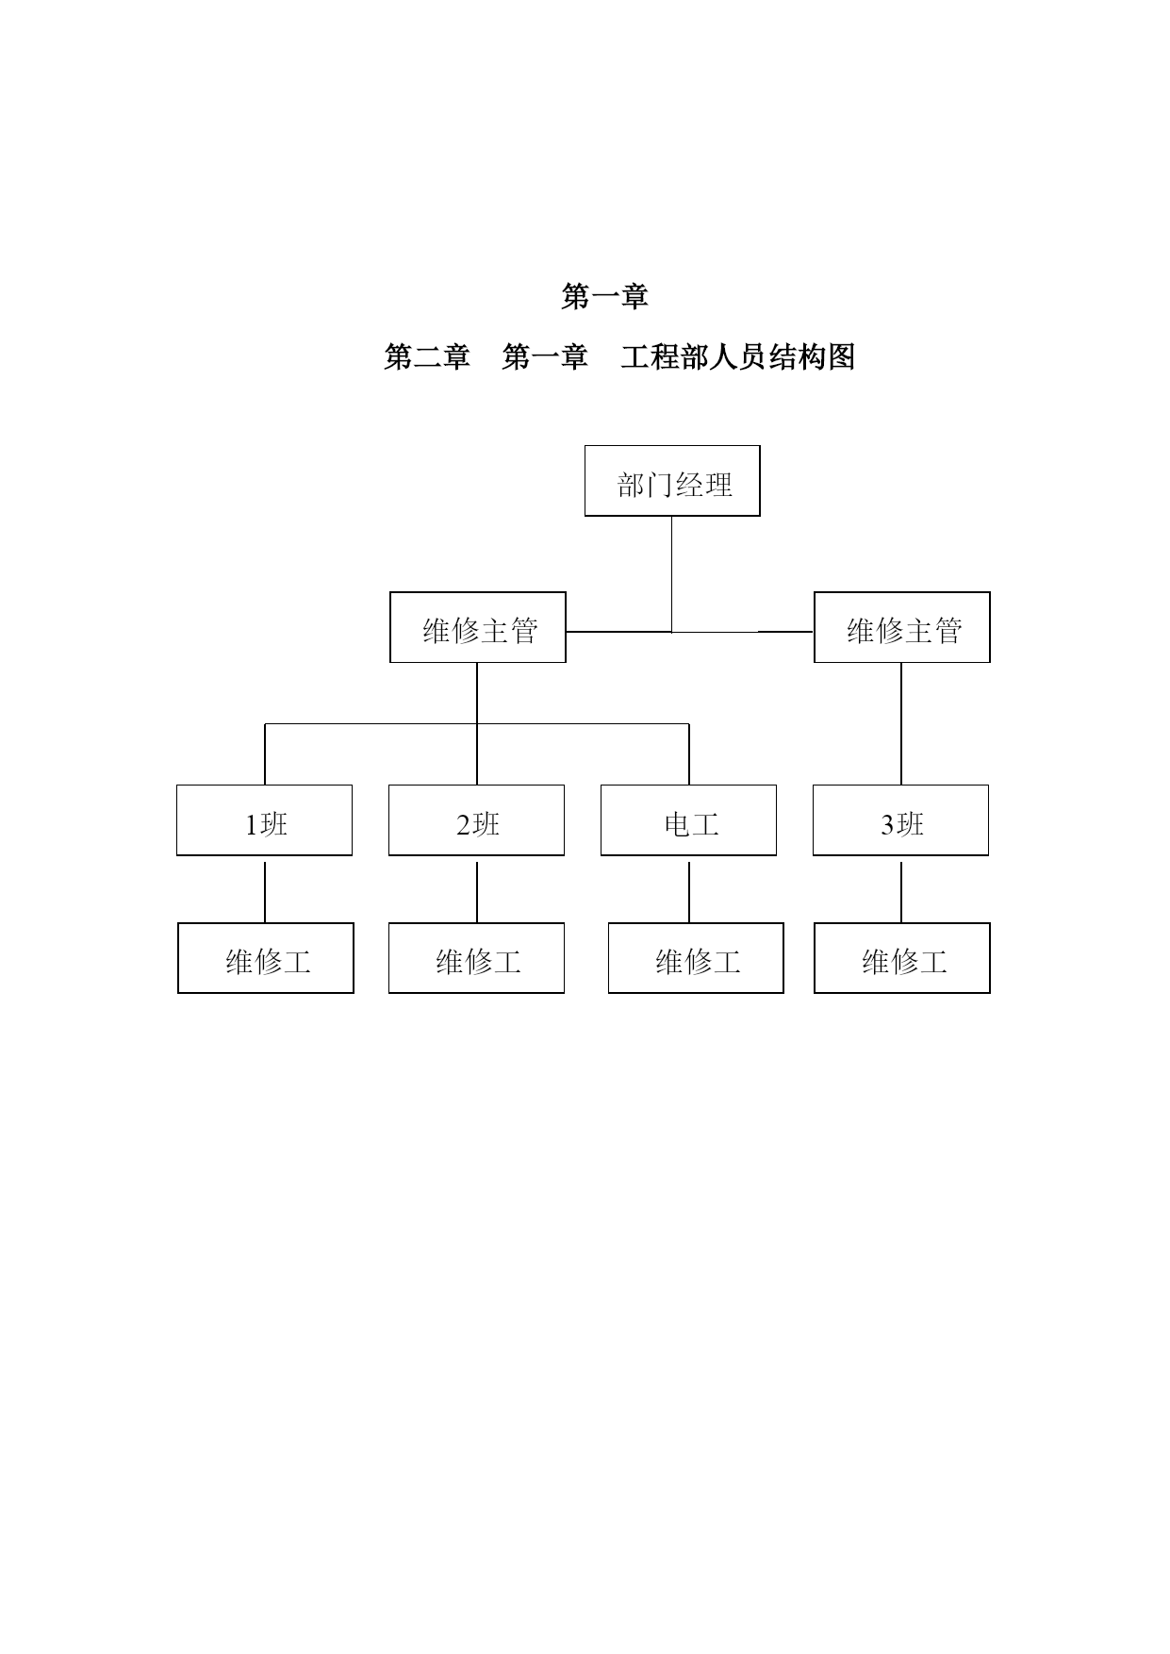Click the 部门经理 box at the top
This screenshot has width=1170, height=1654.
click(x=672, y=481)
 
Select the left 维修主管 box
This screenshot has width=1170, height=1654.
click(x=478, y=627)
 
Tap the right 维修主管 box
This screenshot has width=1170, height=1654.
click(x=902, y=627)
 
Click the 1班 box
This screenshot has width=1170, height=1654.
click(x=264, y=820)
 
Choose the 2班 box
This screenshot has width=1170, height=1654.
click(x=476, y=820)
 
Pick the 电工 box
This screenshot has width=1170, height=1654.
click(x=688, y=820)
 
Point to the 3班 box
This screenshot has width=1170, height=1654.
click(x=900, y=820)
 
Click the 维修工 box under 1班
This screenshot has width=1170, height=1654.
click(x=266, y=958)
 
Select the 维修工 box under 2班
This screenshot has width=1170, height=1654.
click(x=476, y=958)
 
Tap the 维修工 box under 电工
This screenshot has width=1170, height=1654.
click(x=696, y=958)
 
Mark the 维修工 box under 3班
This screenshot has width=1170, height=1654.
click(x=902, y=958)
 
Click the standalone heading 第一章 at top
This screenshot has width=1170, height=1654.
click(x=605, y=297)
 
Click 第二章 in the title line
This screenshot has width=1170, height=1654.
click(x=427, y=357)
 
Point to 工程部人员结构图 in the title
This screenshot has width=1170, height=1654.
click(x=738, y=357)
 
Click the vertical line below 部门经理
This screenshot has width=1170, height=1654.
click(x=672, y=574)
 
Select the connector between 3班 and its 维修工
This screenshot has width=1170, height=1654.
click(x=901, y=892)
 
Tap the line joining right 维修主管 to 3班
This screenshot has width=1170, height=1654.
click(x=901, y=724)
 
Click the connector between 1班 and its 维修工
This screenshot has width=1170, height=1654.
click(x=265, y=892)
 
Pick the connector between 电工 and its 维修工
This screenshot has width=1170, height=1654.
click(x=689, y=892)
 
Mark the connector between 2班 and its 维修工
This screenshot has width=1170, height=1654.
click(x=477, y=892)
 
